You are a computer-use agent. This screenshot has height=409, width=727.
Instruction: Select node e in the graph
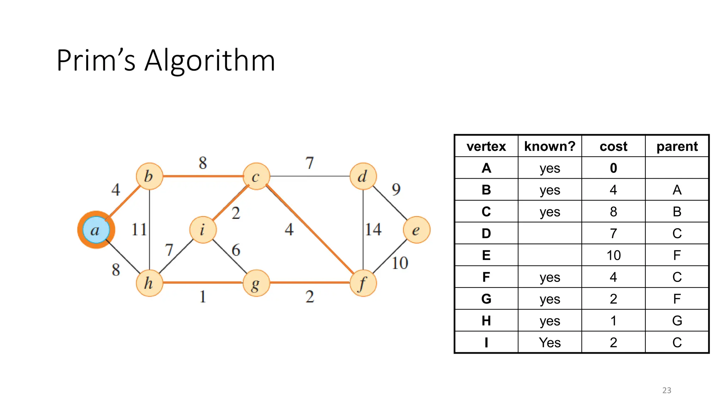click(416, 230)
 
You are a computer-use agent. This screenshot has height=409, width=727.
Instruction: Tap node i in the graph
click(203, 230)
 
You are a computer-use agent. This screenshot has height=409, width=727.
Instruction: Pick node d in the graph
click(363, 176)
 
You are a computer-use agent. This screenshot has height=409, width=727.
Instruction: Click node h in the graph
click(149, 283)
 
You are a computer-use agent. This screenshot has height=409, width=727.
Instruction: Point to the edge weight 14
click(373, 229)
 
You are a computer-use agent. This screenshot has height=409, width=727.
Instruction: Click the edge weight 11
click(139, 229)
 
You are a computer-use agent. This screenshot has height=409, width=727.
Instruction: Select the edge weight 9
click(396, 190)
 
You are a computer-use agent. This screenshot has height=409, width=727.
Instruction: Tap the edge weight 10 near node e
click(400, 263)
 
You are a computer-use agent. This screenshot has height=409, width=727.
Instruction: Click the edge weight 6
click(236, 250)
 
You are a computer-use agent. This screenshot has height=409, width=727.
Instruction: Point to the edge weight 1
click(203, 296)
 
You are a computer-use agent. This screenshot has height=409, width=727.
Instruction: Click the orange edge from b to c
click(203, 176)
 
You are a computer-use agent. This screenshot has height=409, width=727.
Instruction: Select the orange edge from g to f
click(310, 283)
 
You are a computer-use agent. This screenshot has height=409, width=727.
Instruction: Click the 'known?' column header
click(550, 146)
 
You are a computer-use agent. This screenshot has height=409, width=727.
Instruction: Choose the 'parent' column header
click(677, 146)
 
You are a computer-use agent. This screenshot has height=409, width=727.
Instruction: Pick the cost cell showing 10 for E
click(613, 255)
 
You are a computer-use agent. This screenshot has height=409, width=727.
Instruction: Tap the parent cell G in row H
click(677, 321)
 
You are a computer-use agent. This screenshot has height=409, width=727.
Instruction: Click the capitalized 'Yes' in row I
click(550, 343)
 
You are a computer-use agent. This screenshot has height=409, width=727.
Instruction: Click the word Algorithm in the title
click(210, 61)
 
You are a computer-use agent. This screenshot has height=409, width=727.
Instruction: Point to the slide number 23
click(667, 390)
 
